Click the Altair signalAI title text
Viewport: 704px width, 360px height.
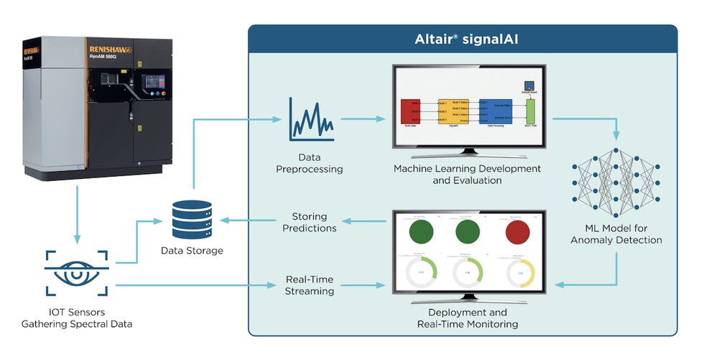coord(462,40)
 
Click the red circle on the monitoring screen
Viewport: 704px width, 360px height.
coord(520,233)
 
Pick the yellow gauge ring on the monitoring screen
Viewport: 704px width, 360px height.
coord(520,273)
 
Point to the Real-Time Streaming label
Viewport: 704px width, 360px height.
coord(310,285)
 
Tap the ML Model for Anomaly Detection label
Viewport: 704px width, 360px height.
coord(616,234)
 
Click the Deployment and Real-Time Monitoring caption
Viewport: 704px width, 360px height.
coord(468,318)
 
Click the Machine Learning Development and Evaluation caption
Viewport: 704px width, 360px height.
coord(467,175)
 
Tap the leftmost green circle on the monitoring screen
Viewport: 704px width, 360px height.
coord(422,233)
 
